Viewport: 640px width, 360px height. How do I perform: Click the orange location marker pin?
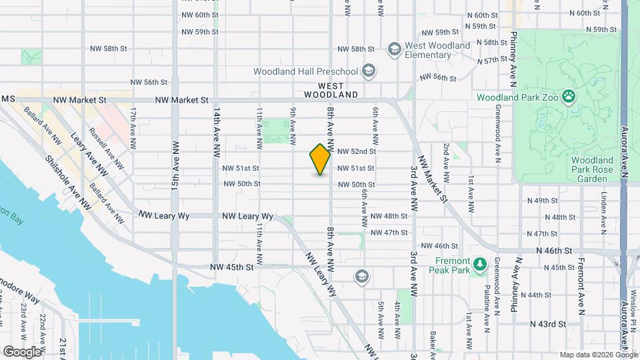321,159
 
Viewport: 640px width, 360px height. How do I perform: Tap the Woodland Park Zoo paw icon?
568,97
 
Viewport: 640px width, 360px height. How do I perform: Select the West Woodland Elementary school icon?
395,49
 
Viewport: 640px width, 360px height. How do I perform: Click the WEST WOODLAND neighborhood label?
331,91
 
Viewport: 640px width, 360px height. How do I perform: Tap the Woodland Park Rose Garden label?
592,169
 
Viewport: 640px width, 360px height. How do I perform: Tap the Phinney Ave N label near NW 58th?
513,59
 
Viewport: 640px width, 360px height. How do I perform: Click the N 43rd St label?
547,324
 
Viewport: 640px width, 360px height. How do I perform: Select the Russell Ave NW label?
105,147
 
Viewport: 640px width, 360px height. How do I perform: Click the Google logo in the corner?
22,351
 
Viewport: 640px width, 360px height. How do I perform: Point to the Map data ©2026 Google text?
598,355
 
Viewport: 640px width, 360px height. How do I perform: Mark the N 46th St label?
555,251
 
